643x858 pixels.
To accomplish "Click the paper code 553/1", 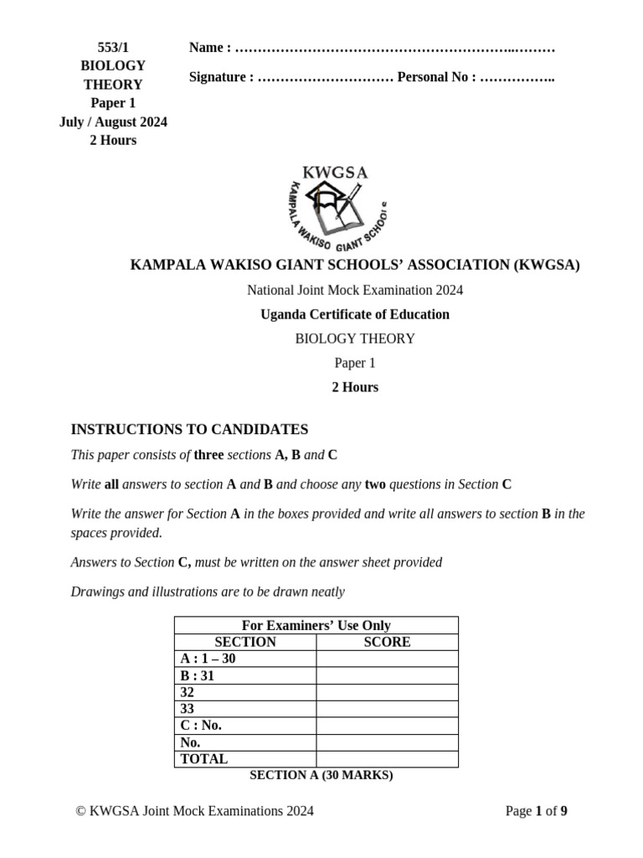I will tap(112, 47).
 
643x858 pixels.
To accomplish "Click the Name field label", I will tap(209, 47).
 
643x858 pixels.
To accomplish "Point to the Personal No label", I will tap(436, 77).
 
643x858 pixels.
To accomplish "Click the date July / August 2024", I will tap(113, 121).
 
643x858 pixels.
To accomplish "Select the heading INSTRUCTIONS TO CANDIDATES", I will tap(189, 429).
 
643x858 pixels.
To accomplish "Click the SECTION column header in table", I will tap(245, 642).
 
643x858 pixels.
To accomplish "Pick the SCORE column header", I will tap(387, 642).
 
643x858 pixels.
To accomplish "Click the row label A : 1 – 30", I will tap(208, 659).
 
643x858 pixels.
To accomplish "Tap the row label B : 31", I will tap(198, 675).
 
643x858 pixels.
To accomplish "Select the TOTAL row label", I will tap(204, 759).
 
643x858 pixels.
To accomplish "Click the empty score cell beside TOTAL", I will tap(387, 759).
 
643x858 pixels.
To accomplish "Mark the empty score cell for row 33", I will tap(387, 709).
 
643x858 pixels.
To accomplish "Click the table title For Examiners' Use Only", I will tap(316, 625).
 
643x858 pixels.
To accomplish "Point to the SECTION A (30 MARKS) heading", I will tap(321, 775).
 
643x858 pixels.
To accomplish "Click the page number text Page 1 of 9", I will tap(537, 810).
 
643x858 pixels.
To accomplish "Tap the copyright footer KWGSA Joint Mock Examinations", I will tap(194, 810).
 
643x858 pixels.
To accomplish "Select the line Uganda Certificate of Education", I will tap(355, 314).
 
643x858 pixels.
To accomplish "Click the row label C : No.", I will tap(201, 726).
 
